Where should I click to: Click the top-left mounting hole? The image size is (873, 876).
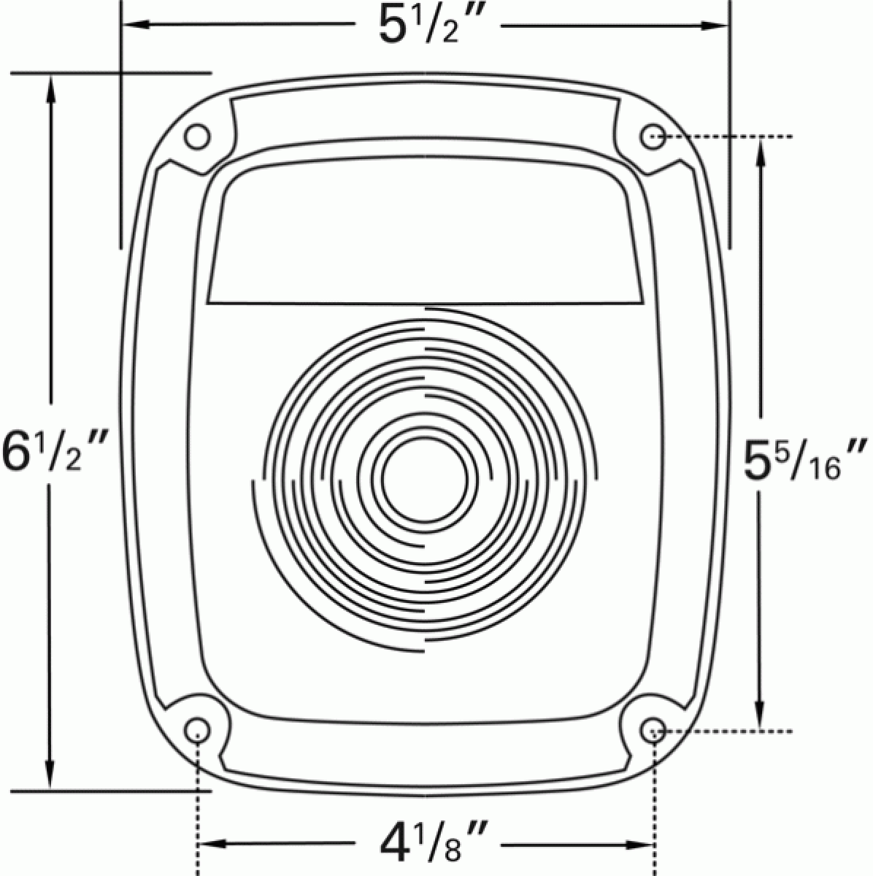(x=197, y=137)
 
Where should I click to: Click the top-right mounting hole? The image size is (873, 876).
(x=653, y=137)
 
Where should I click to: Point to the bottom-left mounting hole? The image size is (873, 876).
(x=197, y=730)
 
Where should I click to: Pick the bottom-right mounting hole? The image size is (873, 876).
(x=653, y=730)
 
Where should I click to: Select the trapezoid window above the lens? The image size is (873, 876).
(x=426, y=241)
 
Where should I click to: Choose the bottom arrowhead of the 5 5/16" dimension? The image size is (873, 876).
(x=761, y=720)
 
